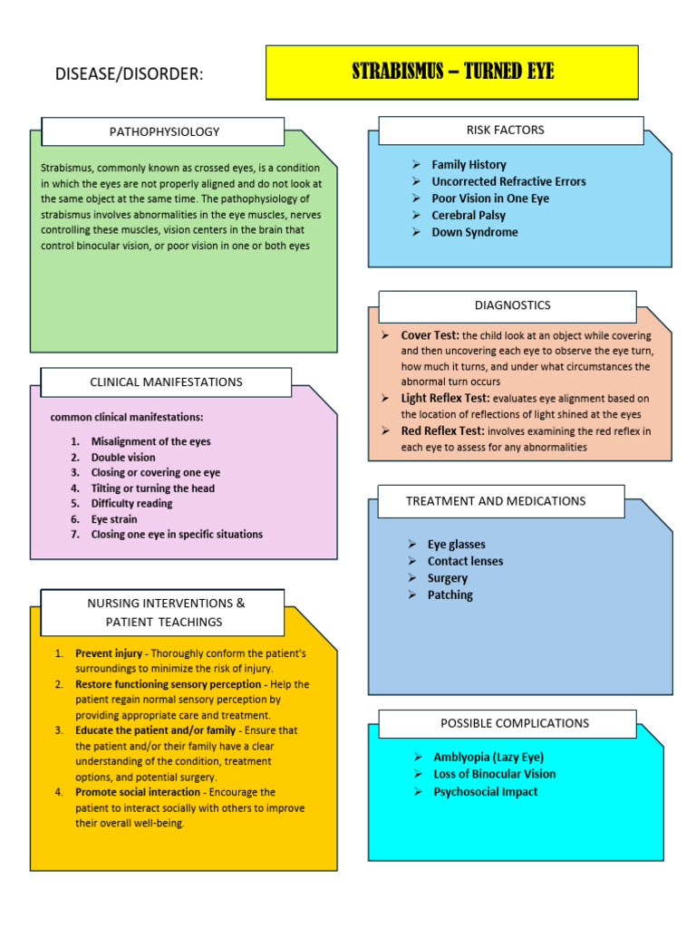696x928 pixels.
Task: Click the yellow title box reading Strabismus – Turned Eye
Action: click(x=452, y=72)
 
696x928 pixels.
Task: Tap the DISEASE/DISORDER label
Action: click(x=129, y=74)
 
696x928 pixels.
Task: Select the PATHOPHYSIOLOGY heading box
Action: click(x=163, y=131)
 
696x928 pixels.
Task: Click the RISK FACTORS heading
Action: click(x=506, y=130)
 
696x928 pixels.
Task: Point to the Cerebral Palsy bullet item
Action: click(x=469, y=216)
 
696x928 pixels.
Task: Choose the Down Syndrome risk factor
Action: click(x=475, y=232)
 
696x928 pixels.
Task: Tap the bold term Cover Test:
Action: click(x=430, y=335)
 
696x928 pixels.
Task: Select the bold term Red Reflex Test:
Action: click(x=442, y=430)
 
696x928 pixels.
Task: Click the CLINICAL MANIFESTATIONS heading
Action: click(x=167, y=382)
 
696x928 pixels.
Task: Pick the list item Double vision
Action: click(x=123, y=458)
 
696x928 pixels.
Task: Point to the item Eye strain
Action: click(x=114, y=519)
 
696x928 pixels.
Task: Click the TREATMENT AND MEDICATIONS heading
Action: click(x=496, y=501)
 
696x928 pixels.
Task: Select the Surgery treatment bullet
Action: click(x=448, y=578)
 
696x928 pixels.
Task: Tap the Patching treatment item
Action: click(x=450, y=594)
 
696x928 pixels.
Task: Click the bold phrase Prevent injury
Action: click(x=109, y=653)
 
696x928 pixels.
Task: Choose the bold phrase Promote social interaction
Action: click(x=138, y=792)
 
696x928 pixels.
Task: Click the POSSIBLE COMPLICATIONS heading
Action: click(x=515, y=723)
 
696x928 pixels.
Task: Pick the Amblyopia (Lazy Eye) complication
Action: click(x=488, y=757)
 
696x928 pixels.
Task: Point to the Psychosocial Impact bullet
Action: click(x=486, y=792)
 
